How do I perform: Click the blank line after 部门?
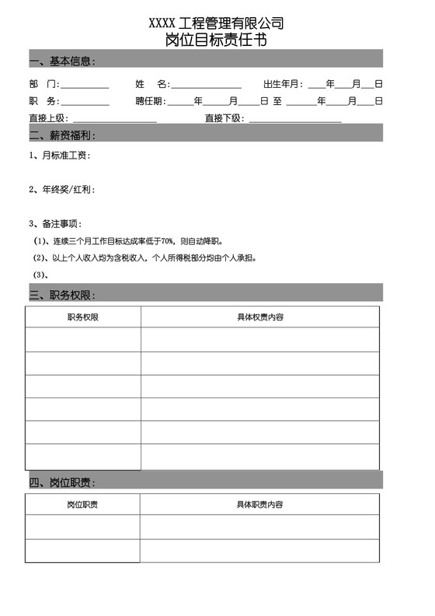click(85, 86)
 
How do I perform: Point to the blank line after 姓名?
click(206, 86)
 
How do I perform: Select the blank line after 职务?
click(85, 103)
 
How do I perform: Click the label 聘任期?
click(151, 101)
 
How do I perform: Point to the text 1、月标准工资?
click(59, 156)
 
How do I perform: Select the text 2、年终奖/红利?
click(61, 189)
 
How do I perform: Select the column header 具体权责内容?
click(259, 317)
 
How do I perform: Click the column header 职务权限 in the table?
click(83, 317)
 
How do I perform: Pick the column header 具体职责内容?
click(259, 505)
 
